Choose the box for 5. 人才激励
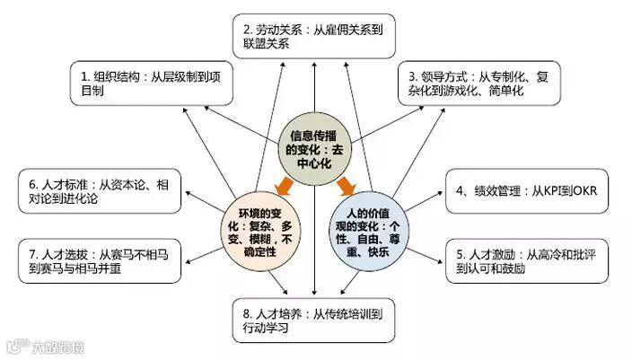point(524,260)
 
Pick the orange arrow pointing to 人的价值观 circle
point(347,186)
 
